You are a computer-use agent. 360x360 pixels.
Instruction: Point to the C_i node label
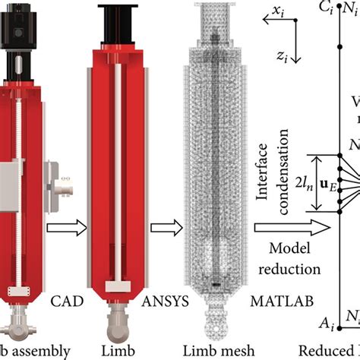(x=327, y=8)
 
